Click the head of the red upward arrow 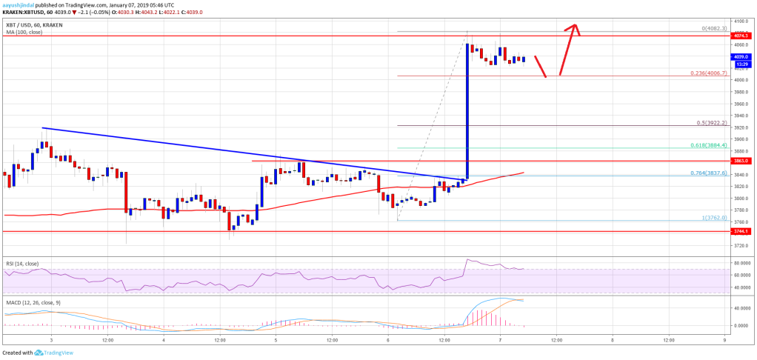(x=573, y=27)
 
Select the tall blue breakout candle (x=467, y=111)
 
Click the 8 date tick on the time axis (x=613, y=339)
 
